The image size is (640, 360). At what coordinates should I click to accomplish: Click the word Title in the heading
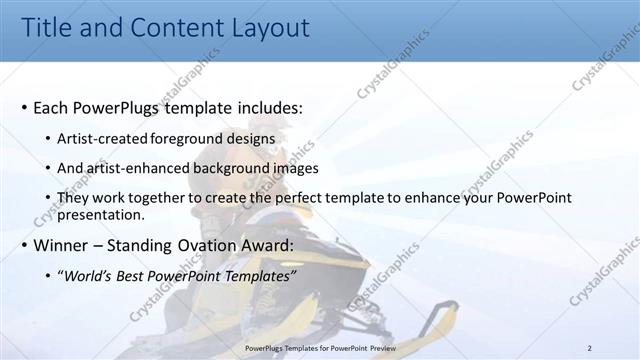[47, 29]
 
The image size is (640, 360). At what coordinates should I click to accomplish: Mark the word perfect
[293, 198]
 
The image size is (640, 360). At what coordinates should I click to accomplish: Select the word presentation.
[102, 214]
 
